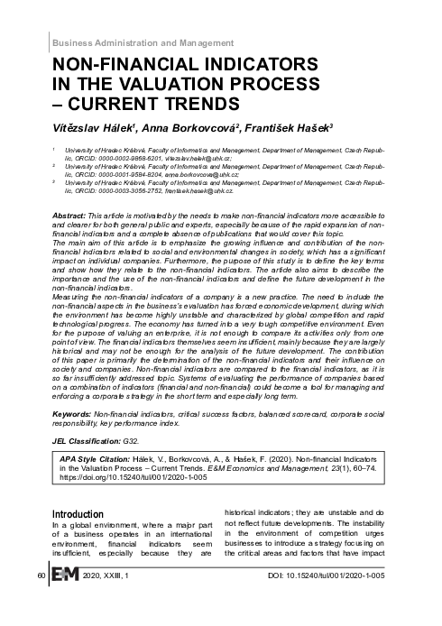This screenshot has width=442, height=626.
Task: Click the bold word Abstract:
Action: tap(70, 218)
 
